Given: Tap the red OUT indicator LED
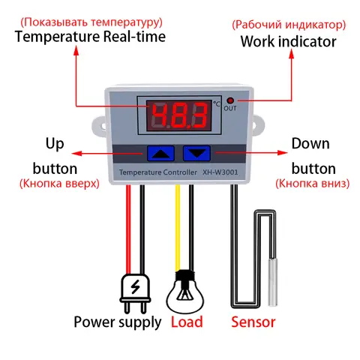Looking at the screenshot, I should [x=230, y=101].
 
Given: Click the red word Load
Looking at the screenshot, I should [x=187, y=322].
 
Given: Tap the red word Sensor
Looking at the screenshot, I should [x=253, y=322].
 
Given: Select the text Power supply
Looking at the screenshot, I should [x=117, y=322].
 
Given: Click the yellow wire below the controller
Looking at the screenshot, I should [x=178, y=225].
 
